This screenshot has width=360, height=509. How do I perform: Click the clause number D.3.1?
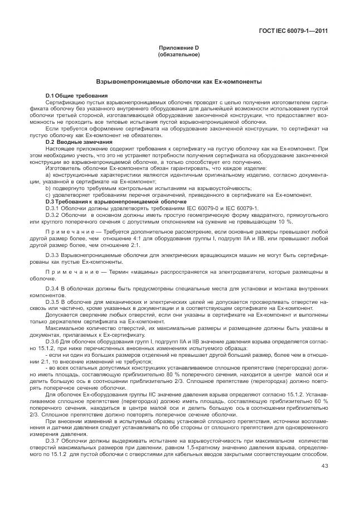(52, 207)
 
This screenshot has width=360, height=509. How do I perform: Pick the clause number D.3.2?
(52, 214)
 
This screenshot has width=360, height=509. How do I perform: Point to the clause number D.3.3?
(52, 254)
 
